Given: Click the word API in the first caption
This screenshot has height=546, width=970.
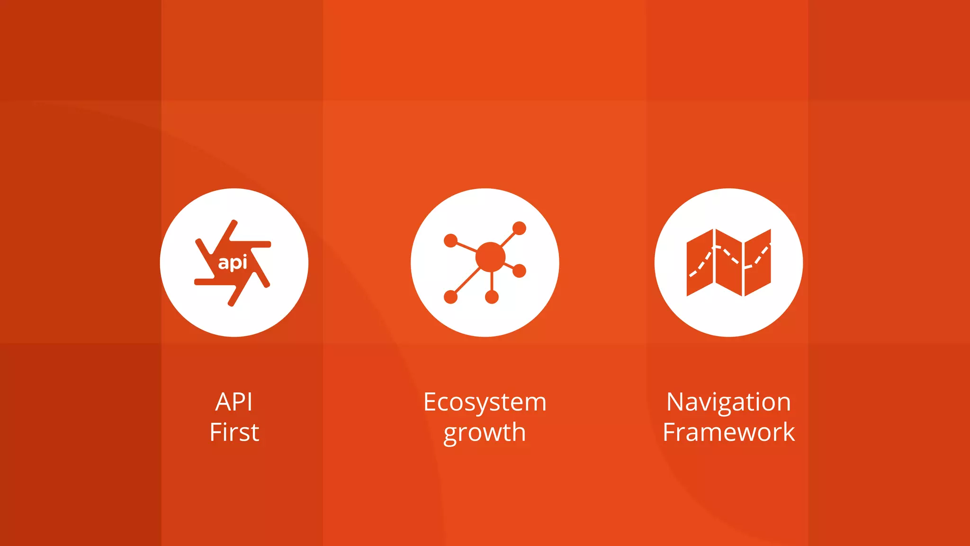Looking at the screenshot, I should pos(234,402).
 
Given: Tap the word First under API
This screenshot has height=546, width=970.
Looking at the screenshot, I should pos(234,432).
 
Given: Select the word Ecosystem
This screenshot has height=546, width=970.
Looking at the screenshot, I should pos(485,402).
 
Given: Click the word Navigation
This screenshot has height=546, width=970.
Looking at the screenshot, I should pos(728,402).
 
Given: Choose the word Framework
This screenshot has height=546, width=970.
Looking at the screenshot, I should pos(728,432).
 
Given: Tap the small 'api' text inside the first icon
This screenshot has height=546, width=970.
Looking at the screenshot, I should pos(233,263).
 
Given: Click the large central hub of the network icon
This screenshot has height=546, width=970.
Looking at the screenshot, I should pos(490,257).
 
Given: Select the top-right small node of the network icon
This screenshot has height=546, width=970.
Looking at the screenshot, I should pos(519,228).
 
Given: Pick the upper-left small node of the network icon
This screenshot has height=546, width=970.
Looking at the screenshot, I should pos(450,241).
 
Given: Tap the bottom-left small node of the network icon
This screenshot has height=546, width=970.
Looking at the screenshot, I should pos(450,297).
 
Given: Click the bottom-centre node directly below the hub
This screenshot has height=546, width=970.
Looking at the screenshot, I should pos(492,297).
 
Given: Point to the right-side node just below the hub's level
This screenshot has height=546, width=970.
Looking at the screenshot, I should pos(519,271).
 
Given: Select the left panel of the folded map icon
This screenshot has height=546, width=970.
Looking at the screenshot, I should pos(700,263).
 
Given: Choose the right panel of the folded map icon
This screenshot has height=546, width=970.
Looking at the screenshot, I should pos(758,263).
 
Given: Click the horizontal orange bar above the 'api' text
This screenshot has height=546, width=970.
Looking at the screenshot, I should pos(251,244).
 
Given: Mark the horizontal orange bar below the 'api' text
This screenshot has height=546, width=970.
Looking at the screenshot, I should pos(214,282).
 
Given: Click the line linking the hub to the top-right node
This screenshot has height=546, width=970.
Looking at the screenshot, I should pos(508,239).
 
